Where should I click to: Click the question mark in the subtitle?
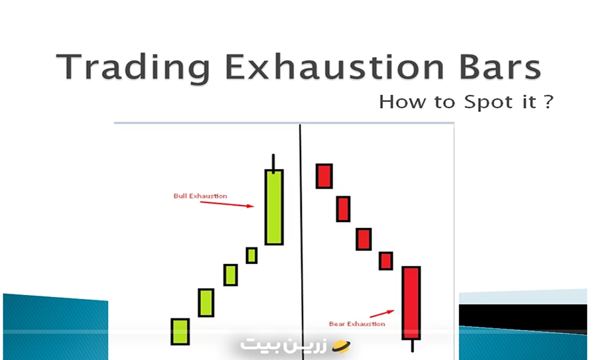click(548, 102)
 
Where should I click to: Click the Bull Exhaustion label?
click(200, 196)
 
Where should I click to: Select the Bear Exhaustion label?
click(357, 324)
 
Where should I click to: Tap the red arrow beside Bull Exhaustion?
click(227, 204)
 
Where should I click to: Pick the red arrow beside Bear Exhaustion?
click(381, 312)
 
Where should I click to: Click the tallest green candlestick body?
click(274, 207)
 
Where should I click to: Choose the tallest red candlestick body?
click(411, 302)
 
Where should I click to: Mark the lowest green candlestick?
click(180, 331)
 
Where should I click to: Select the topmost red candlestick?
click(324, 176)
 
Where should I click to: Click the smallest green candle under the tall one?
click(251, 255)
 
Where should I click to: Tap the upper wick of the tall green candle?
click(273, 162)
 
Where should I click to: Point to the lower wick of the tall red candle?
click(412, 345)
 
